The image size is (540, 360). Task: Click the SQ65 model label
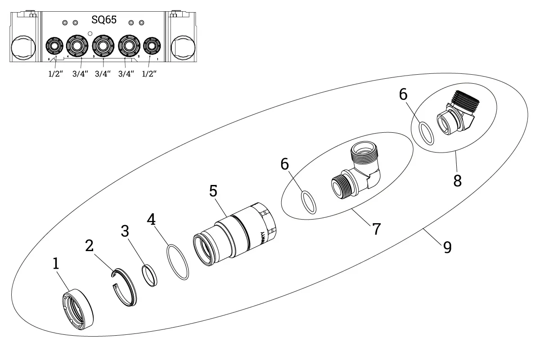pos(104,21)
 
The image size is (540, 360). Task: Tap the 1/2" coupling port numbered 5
pos(55,46)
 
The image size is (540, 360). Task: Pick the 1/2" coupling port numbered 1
pos(150,46)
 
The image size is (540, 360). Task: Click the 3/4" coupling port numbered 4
pos(77,46)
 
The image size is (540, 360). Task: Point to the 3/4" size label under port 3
pos(103,74)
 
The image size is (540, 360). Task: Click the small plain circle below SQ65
pos(90,33)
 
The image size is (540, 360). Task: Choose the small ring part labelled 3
pos(149,276)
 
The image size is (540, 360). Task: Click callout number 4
pos(152,220)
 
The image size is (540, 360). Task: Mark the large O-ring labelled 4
pos(178,262)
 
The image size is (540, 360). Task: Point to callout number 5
pos(213,191)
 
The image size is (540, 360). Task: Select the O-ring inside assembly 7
pos(309,201)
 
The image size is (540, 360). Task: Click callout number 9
pos(447,247)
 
